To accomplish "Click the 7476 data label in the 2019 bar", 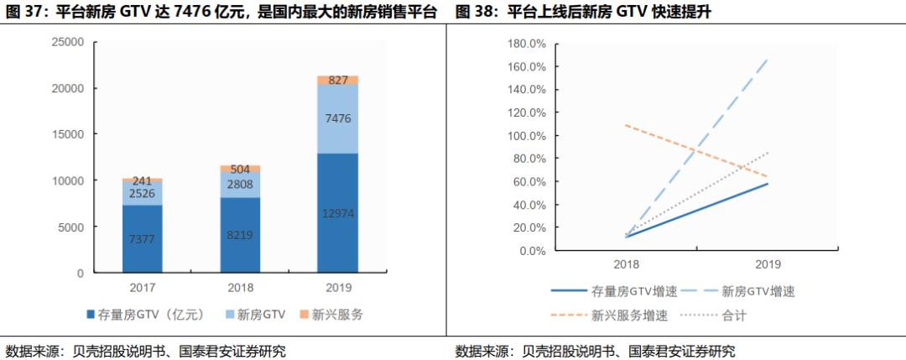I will tap(338, 118).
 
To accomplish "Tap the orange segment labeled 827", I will tap(338, 81).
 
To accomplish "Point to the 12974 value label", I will tap(338, 213).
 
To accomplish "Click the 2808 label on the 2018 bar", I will tap(240, 185).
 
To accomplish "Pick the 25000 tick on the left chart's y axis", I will tap(68, 42).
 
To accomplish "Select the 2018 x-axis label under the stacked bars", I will tap(240, 287).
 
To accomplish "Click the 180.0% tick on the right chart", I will tap(528, 43).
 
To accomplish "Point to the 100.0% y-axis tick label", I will tap(528, 136).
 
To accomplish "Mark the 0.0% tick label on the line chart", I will tap(534, 251).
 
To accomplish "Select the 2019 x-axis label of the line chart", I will tap(767, 263).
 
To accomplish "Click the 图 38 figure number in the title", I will tap(475, 12).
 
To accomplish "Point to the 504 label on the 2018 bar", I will tap(240, 168).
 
